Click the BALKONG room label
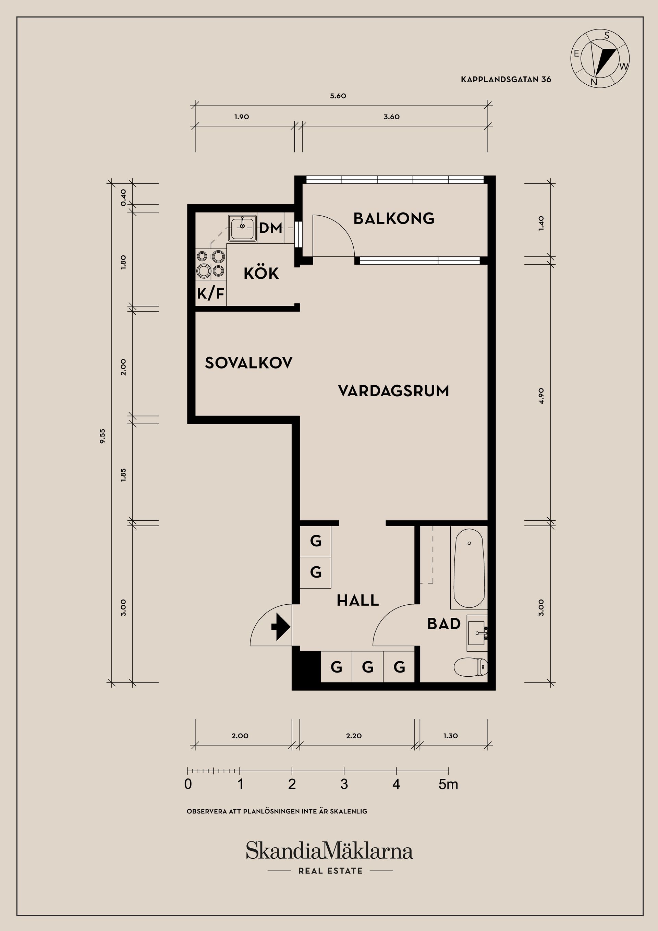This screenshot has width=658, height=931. [x=394, y=219]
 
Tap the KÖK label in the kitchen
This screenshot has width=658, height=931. [x=261, y=274]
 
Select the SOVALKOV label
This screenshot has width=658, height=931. [x=248, y=363]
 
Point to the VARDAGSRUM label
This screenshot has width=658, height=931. [x=393, y=391]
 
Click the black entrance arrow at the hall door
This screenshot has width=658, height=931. [x=281, y=627]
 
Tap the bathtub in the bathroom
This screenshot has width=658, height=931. [x=469, y=568]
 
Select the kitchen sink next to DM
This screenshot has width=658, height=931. [x=242, y=228]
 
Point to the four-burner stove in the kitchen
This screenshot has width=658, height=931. [x=211, y=264]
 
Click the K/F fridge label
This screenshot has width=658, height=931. [x=211, y=293]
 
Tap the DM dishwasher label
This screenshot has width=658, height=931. [x=270, y=228]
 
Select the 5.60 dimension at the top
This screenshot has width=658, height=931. [x=338, y=96]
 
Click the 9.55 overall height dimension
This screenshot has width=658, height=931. [x=102, y=436]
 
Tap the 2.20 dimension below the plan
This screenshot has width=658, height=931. [x=354, y=736]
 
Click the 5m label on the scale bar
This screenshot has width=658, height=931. [x=448, y=785]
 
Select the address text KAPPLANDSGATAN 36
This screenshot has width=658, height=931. [x=505, y=80]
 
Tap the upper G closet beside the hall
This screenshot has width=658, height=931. [x=315, y=541]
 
